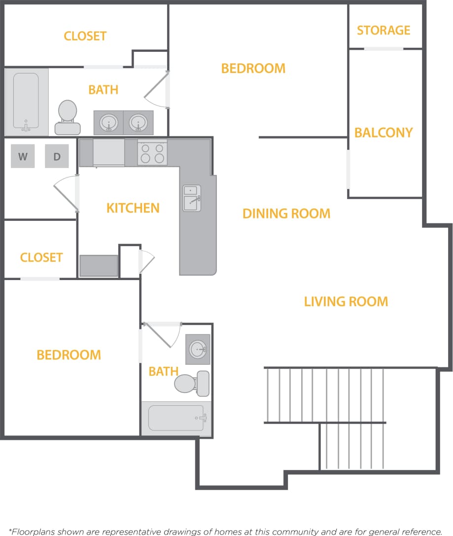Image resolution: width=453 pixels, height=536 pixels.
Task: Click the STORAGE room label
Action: (383, 31)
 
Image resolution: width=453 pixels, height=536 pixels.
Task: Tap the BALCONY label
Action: (383, 133)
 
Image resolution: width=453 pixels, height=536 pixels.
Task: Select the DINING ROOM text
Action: (286, 214)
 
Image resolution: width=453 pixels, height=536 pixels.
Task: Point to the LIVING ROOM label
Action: (346, 301)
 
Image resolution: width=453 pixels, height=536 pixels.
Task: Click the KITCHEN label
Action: (133, 208)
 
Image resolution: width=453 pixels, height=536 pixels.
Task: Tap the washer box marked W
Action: (23, 157)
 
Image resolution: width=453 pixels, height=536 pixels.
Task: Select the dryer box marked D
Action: (57, 157)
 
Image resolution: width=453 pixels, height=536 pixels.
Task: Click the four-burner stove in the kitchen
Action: (152, 152)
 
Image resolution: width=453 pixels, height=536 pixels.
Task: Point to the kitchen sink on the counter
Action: (192, 198)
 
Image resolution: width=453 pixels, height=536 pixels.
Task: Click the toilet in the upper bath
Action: (68, 117)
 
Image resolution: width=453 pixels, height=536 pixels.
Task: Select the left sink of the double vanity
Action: (109, 122)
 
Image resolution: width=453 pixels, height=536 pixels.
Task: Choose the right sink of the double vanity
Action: (138, 122)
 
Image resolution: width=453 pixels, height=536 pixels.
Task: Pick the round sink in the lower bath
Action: (198, 350)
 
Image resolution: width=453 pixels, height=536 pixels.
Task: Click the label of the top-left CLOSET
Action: (85, 36)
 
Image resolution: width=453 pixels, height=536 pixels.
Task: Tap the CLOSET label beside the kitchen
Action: (41, 257)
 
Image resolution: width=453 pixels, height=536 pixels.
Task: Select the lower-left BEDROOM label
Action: (69, 355)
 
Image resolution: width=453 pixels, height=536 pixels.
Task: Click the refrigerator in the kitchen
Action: (108, 152)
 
